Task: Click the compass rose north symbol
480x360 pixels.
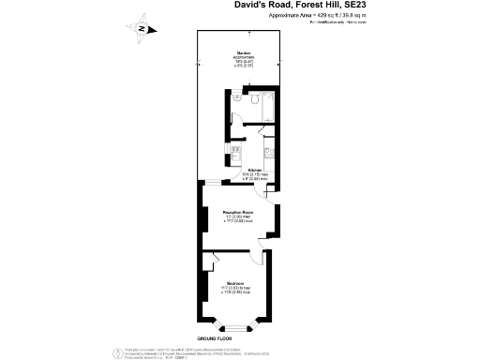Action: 140,28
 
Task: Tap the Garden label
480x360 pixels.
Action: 241,52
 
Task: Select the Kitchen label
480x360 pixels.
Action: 241,169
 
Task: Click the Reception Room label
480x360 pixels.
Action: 241,212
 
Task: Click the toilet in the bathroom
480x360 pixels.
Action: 238,97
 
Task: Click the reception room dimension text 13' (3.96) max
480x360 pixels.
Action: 241,217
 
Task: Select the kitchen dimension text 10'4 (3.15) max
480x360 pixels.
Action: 241,174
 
